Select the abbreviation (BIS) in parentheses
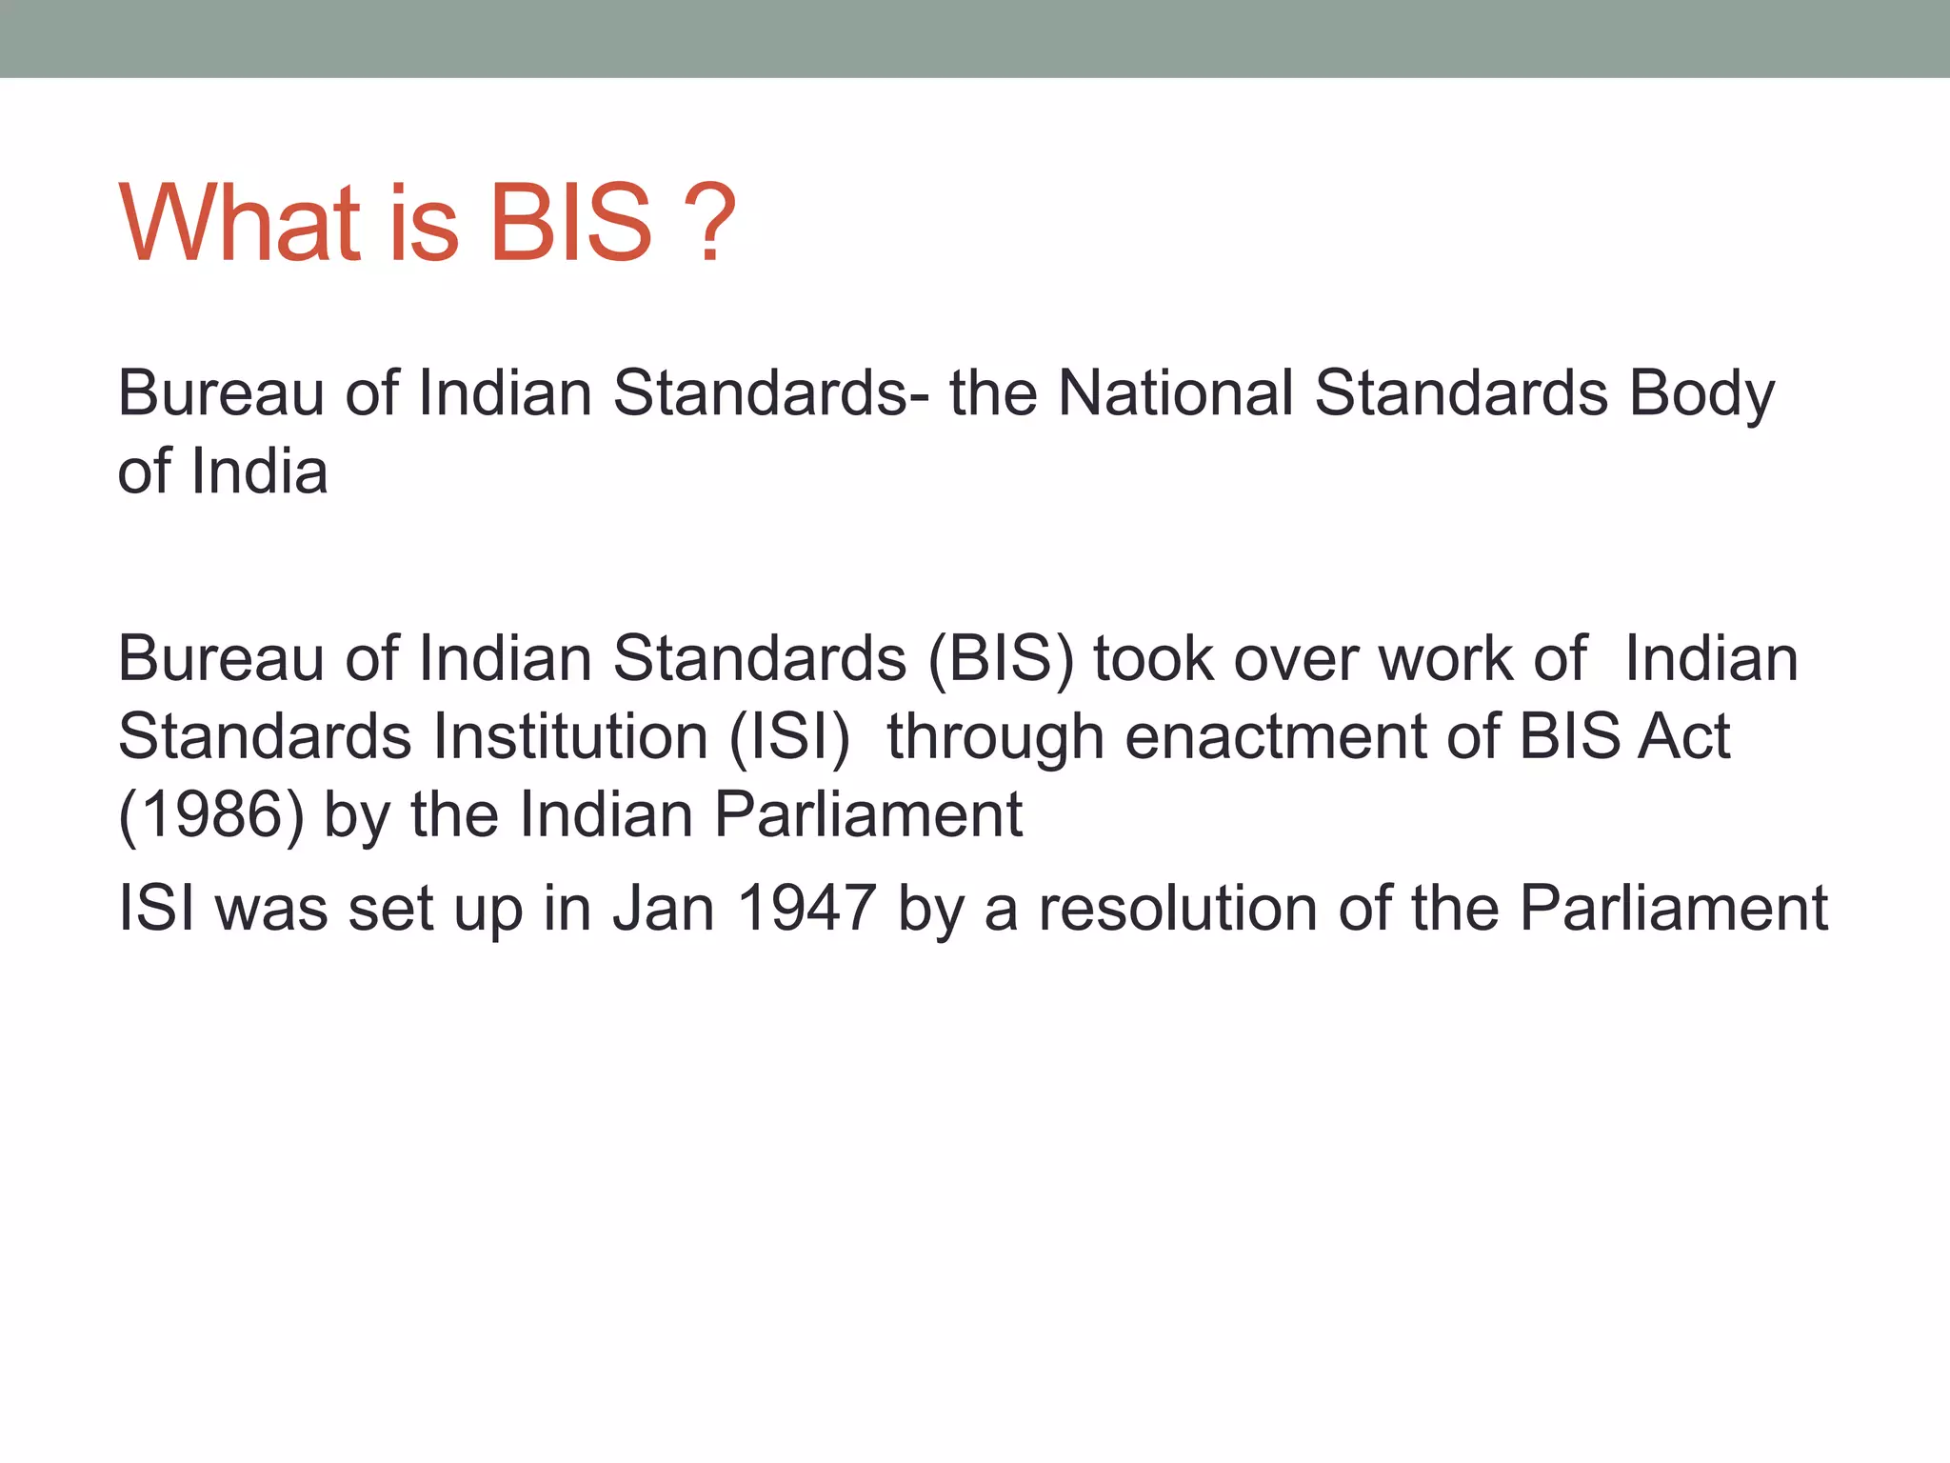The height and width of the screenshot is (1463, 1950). click(1000, 658)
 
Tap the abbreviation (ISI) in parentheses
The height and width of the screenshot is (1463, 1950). click(789, 736)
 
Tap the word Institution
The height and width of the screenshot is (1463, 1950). click(570, 736)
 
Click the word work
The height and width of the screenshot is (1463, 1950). click(1446, 658)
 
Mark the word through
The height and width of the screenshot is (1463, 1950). click(995, 738)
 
